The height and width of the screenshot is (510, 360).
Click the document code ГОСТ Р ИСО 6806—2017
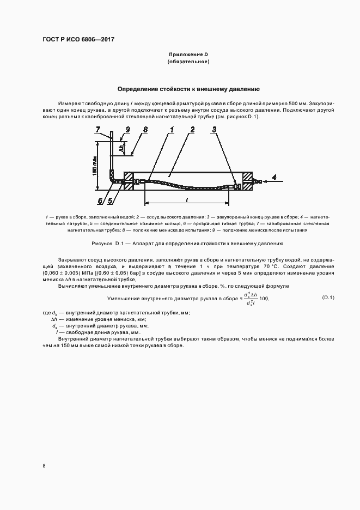coord(78,40)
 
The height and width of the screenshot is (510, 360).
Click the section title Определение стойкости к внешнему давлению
coord(188,88)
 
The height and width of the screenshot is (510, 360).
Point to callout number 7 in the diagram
coord(98,130)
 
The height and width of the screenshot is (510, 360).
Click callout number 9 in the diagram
coord(127,130)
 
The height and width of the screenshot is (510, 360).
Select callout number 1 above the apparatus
coord(171,130)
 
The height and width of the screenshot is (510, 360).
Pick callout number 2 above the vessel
coord(193,130)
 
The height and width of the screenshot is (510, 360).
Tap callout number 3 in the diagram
coord(215,130)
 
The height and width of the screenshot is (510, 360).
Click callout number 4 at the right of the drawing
coord(274,177)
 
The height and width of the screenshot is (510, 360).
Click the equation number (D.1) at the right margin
coord(328,297)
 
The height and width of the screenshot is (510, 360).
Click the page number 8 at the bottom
coord(44,465)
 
